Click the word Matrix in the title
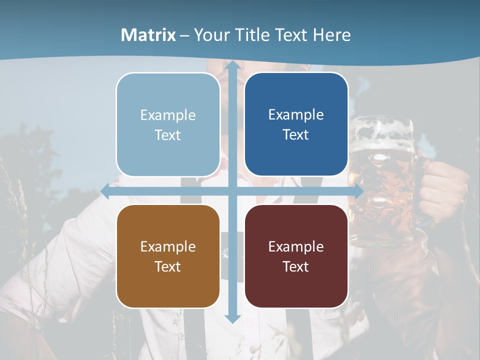148,35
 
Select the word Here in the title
332,35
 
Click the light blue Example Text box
168,124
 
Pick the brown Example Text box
168,256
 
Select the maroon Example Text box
296,256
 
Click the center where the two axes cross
232,191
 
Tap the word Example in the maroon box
296,246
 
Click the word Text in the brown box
168,266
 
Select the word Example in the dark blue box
296,114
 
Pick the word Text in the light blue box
168,135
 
